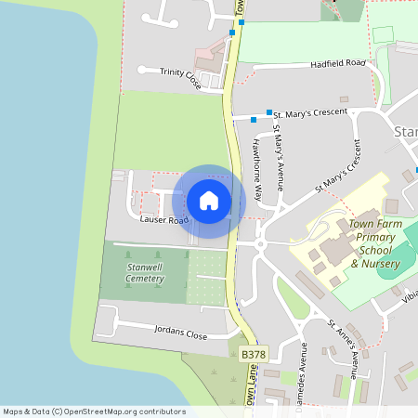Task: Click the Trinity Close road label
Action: click(180, 73)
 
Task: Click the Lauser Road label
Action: click(164, 220)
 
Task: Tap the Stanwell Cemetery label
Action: click(145, 273)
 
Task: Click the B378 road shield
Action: click(252, 354)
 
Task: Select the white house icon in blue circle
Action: click(209, 200)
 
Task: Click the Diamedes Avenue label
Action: click(301, 368)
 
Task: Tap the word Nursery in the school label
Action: click(373, 264)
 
